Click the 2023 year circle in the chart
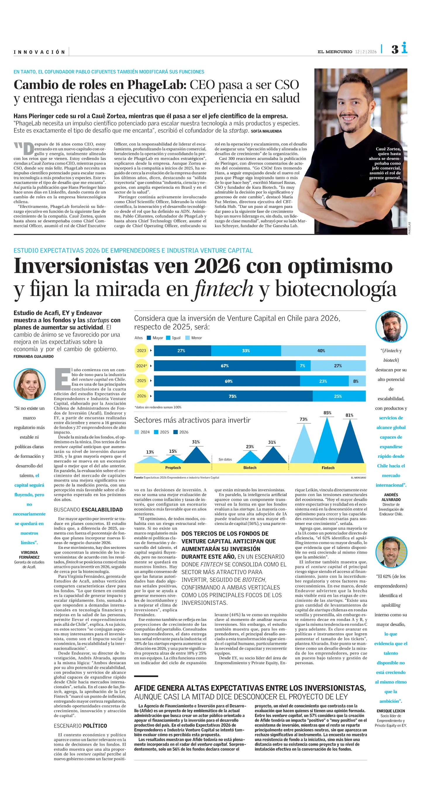142,351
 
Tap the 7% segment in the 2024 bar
303,366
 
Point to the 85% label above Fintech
327,413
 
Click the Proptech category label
173,468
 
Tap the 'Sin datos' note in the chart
225,460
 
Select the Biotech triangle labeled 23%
250,457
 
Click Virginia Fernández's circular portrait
30,384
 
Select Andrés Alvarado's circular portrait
391,326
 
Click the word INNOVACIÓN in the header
39,52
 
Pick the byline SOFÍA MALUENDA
266,131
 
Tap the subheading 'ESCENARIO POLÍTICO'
80,725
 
